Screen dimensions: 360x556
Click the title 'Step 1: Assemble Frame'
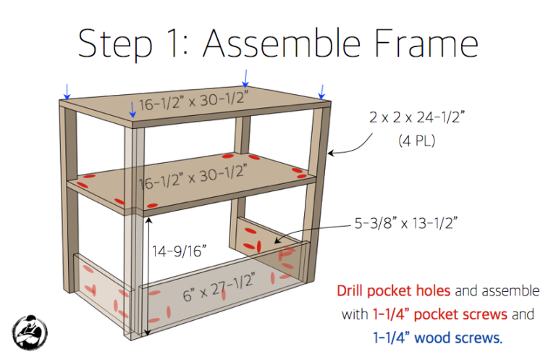pos(278,44)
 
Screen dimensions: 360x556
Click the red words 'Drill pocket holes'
pos(393,291)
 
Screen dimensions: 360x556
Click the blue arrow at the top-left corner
pos(67,91)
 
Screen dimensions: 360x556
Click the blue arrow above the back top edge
pos(245,77)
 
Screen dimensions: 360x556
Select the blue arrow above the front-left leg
pos(132,110)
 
